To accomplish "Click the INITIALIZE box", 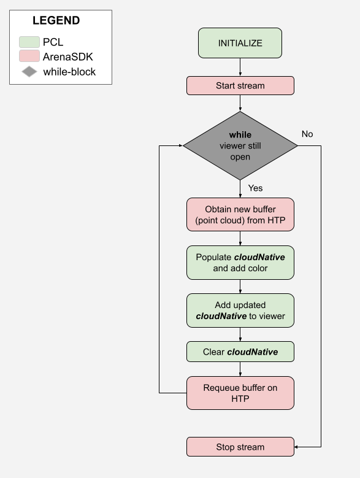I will click(x=240, y=44).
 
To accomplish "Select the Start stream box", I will click(x=240, y=86).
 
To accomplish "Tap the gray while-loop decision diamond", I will click(x=240, y=145).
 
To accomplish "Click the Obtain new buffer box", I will click(x=240, y=214).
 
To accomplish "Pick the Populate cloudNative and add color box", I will click(x=240, y=263).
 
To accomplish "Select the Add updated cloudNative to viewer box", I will click(x=240, y=310).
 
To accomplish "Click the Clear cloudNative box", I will click(x=240, y=352).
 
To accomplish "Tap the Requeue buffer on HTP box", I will click(x=240, y=393).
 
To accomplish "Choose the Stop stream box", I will click(x=240, y=447).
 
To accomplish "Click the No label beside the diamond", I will click(x=308, y=134).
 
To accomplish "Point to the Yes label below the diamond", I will click(x=255, y=188).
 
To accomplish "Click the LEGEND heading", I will click(x=56, y=21).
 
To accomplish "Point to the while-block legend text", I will click(x=69, y=72).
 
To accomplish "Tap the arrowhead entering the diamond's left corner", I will click(x=184, y=145).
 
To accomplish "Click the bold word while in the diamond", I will click(x=240, y=134).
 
